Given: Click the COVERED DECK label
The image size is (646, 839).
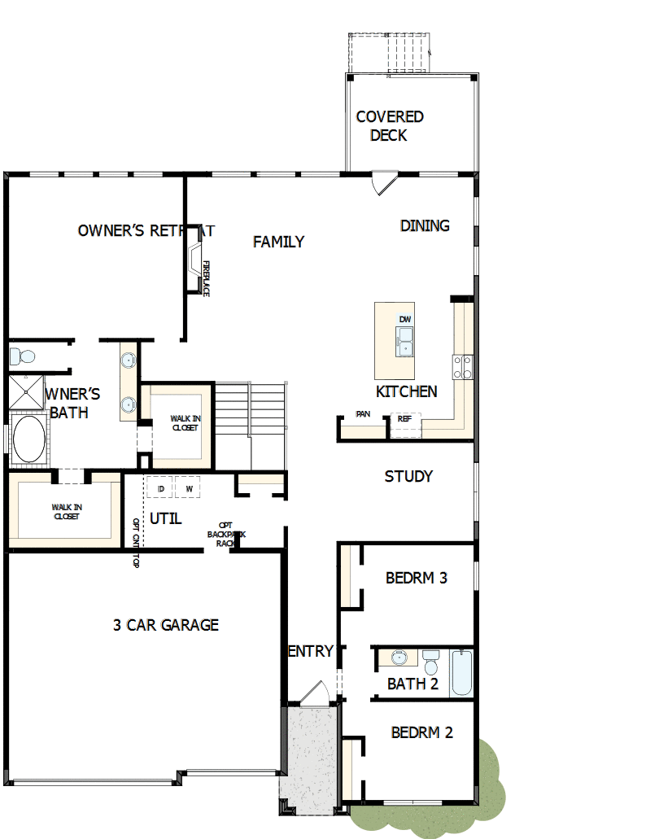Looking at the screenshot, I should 389,126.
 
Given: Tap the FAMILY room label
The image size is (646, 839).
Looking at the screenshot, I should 278,242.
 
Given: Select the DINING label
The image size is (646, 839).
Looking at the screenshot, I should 425,225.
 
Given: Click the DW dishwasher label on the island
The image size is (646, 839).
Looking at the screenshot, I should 404,319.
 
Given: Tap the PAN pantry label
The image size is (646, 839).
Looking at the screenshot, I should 363,414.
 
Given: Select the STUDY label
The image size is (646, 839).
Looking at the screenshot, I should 408,476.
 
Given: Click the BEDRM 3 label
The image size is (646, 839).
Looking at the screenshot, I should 417,578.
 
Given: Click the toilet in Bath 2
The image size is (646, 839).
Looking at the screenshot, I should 431,662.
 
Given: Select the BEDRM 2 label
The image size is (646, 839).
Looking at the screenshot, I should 421,732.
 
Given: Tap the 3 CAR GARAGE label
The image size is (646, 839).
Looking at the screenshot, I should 166,625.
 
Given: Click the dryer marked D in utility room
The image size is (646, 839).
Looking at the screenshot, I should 161,488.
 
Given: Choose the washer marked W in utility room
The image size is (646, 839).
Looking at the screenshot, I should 189,488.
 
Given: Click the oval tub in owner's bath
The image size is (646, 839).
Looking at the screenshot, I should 28,440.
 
